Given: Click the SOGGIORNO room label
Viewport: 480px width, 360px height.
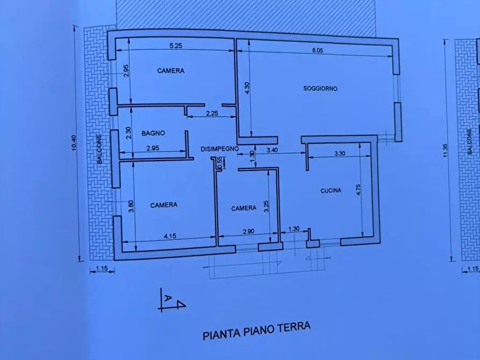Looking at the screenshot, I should click(x=320, y=89).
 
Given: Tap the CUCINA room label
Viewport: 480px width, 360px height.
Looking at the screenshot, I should click(x=331, y=190).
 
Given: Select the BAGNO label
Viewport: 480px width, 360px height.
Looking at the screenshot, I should click(x=153, y=133).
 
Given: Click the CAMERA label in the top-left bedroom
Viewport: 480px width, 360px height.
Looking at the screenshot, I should click(x=171, y=70).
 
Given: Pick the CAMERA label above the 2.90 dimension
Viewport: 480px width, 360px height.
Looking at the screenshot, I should click(x=243, y=208).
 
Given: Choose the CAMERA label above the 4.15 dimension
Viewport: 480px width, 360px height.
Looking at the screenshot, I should click(x=164, y=205).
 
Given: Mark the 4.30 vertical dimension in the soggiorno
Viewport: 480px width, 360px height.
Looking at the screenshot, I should click(x=247, y=88).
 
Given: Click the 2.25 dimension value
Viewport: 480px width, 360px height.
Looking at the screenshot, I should click(x=211, y=113).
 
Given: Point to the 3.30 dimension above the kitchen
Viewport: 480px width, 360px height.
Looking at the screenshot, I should click(x=339, y=154).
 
